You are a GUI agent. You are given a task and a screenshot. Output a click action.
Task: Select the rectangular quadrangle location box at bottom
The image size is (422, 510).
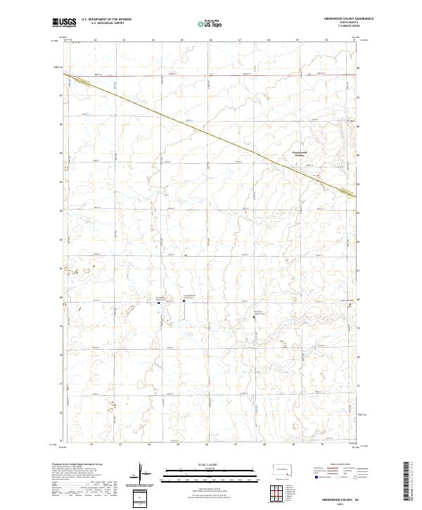point(143,498)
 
